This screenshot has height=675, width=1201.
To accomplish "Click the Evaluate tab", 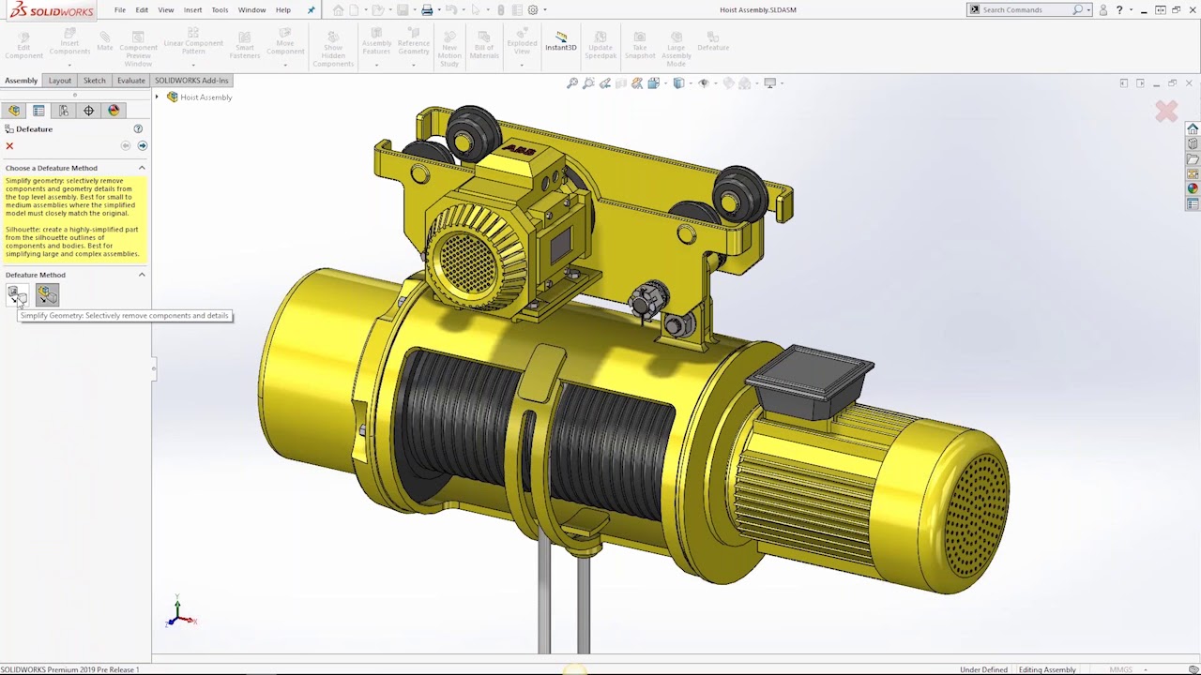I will (130, 81).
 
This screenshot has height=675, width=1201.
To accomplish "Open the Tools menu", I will (220, 10).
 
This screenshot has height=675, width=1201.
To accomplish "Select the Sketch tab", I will (94, 81).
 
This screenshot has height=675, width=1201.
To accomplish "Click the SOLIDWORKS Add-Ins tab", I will (191, 81).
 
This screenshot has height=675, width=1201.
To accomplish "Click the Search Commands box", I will (1024, 10).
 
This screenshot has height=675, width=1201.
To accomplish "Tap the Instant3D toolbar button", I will (561, 41).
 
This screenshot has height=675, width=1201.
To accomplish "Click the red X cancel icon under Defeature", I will (10, 146).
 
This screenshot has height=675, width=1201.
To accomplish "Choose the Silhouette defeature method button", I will (47, 295).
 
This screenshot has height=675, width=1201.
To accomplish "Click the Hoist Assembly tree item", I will (205, 97).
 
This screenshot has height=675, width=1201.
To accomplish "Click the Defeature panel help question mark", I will (138, 129).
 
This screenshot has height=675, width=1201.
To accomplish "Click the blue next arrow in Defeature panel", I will (143, 146).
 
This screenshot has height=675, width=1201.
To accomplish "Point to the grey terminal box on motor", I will (811, 370).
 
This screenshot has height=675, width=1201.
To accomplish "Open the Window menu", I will (251, 10).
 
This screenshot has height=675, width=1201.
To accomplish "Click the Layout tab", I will (59, 81).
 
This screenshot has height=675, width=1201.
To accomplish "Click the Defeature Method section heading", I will (36, 276).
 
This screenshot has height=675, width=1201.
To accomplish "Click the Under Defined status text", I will (982, 669).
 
